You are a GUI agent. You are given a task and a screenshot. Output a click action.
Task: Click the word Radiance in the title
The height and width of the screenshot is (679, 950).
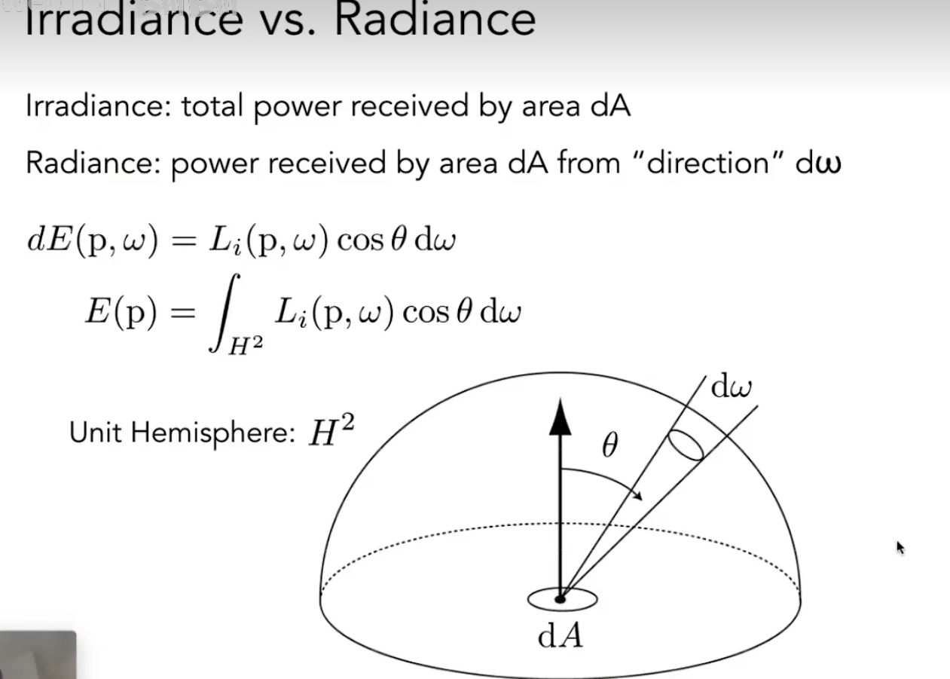pyautogui.click(x=435, y=19)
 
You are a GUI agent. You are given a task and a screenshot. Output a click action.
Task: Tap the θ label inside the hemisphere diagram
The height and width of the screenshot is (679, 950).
pyautogui.click(x=609, y=447)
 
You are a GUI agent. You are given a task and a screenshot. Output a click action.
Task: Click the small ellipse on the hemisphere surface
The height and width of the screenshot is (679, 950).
pyautogui.click(x=686, y=445)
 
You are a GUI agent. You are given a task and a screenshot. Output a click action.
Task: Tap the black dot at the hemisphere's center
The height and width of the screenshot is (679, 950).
pyautogui.click(x=560, y=599)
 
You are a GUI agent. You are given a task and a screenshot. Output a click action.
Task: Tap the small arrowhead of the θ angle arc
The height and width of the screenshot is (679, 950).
pyautogui.click(x=639, y=496)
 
